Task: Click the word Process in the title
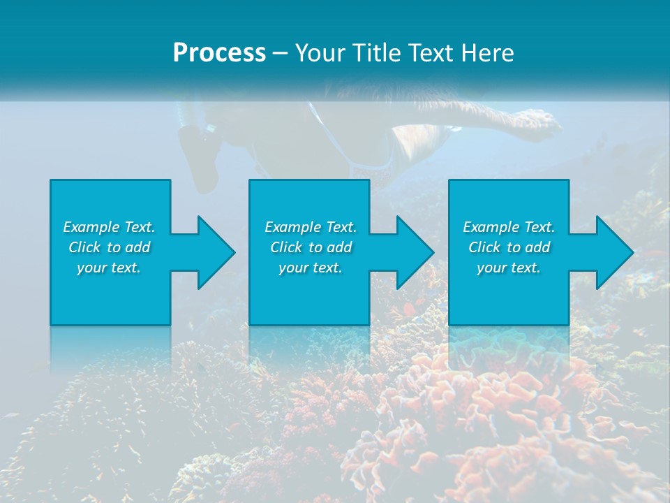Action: coord(219,53)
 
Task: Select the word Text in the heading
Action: coord(430,53)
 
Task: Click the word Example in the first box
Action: coord(91,227)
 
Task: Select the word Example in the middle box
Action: coord(292,227)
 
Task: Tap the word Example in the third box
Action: coord(491,227)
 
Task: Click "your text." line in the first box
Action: coord(109,268)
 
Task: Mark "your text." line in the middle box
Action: coord(311,268)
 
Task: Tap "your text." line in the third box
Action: coord(509,268)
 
